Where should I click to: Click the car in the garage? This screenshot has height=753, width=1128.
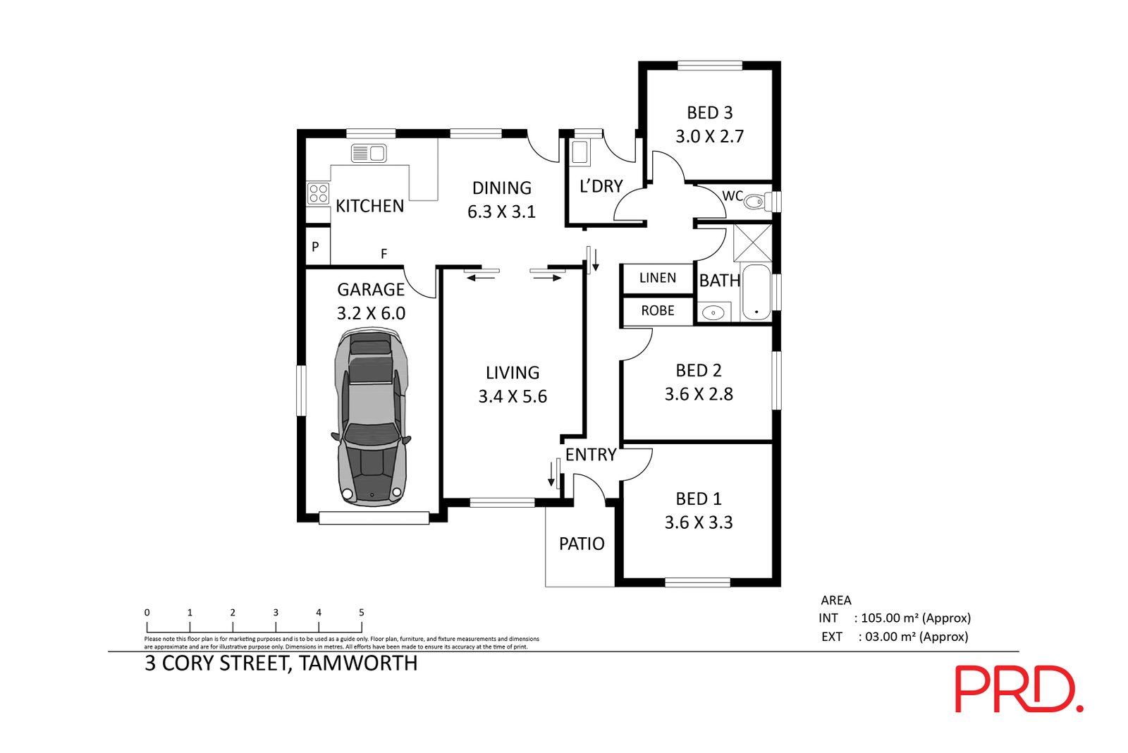371,417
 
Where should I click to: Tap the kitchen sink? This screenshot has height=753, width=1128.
369,153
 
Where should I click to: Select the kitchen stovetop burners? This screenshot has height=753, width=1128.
318,193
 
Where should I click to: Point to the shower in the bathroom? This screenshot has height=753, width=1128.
752,243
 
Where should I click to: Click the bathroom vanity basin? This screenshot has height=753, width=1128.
713,312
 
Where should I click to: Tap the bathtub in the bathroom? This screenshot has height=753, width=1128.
756,292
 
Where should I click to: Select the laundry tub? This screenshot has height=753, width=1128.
580,152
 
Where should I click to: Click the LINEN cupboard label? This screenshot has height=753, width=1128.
658,278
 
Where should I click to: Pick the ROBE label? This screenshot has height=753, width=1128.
658,311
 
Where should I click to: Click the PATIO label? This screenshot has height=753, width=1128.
582,544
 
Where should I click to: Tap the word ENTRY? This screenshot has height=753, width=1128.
591,455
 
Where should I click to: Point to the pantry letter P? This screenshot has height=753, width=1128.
315,247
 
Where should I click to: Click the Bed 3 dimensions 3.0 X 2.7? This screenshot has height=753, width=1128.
709,137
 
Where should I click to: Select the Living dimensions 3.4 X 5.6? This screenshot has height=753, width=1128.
513,397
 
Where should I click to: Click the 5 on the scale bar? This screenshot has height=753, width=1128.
362,613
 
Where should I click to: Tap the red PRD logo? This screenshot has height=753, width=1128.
1019,689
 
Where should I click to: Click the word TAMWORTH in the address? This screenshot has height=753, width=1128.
358,663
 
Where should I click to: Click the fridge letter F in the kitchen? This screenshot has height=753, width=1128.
384,255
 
